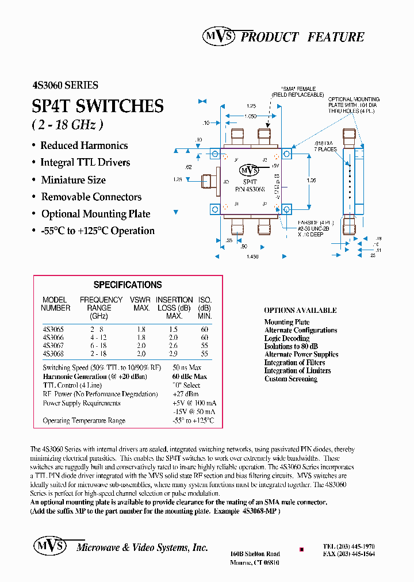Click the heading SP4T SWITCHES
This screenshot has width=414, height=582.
click(98, 106)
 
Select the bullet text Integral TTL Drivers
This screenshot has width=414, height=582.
click(85, 163)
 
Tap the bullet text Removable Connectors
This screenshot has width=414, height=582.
click(91, 197)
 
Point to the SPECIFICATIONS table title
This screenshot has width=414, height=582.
click(128, 285)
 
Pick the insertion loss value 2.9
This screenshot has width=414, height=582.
click(174, 354)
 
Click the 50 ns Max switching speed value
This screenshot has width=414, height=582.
click(187, 367)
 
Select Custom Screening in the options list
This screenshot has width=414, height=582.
click(291, 379)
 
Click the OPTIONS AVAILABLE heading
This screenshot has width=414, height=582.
click(300, 311)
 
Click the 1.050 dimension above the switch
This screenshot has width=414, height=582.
click(249, 116)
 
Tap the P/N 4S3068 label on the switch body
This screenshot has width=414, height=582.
click(250, 188)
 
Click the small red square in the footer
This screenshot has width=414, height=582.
click(302, 549)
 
